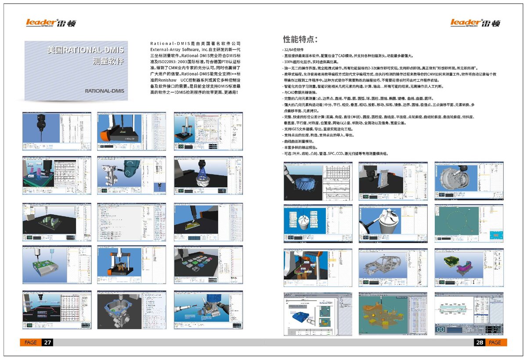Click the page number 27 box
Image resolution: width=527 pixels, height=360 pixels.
[x=47, y=342]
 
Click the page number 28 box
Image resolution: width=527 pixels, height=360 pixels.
[x=479, y=342]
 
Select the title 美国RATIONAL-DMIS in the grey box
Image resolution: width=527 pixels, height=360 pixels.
[x=86, y=50]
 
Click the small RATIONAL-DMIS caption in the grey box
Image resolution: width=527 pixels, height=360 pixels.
[x=105, y=91]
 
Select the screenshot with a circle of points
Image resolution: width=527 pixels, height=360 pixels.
[x=469, y=224]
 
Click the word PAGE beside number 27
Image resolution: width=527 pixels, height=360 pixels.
[x=31, y=342]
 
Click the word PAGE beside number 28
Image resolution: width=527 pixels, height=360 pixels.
[x=495, y=342]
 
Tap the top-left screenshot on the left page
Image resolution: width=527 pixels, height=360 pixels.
[x=57, y=131]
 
